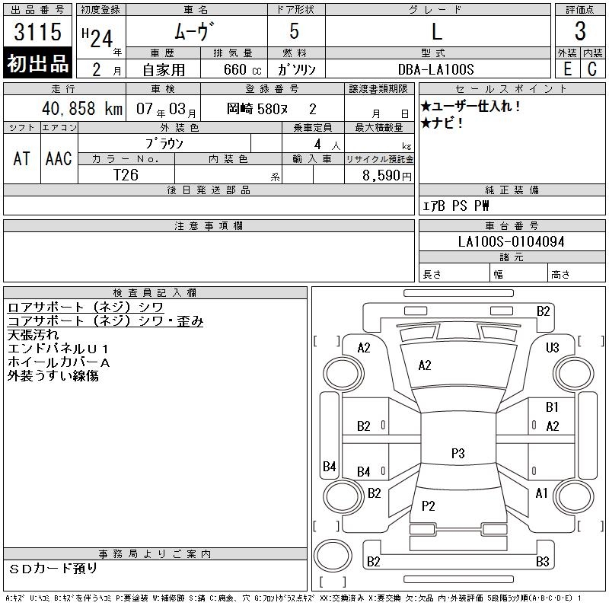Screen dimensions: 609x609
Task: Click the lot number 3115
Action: [37, 32]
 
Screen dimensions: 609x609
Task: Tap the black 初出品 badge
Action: [37, 63]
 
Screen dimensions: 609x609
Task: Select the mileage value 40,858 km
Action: [82, 108]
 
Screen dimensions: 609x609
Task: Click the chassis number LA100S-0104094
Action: [511, 241]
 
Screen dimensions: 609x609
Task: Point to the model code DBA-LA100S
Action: [435, 69]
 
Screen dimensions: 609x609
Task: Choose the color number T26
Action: [126, 175]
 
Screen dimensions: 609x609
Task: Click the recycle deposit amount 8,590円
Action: [387, 176]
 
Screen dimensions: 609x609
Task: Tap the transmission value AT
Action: [22, 158]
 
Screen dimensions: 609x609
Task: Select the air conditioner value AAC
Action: [59, 158]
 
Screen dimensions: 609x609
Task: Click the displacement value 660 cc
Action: [242, 69]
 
